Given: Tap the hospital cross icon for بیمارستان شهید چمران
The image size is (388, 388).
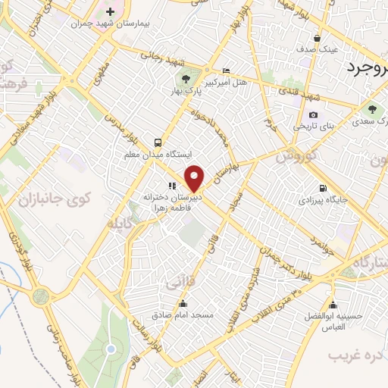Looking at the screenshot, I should pyautogui.click(x=111, y=11).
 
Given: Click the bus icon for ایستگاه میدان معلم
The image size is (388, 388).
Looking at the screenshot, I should pyautogui.click(x=158, y=142).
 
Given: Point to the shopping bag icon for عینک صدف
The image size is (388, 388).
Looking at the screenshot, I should pyautogui.click(x=316, y=38).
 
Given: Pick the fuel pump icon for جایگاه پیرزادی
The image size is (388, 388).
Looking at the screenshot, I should pyautogui.click(x=324, y=189).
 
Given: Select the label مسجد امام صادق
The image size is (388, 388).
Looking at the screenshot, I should pyautogui.click(x=183, y=314).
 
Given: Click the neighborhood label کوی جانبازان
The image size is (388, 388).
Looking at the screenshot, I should pyautogui.click(x=63, y=199).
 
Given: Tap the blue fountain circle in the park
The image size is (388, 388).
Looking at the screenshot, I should pyautogui.click(x=111, y=349).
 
